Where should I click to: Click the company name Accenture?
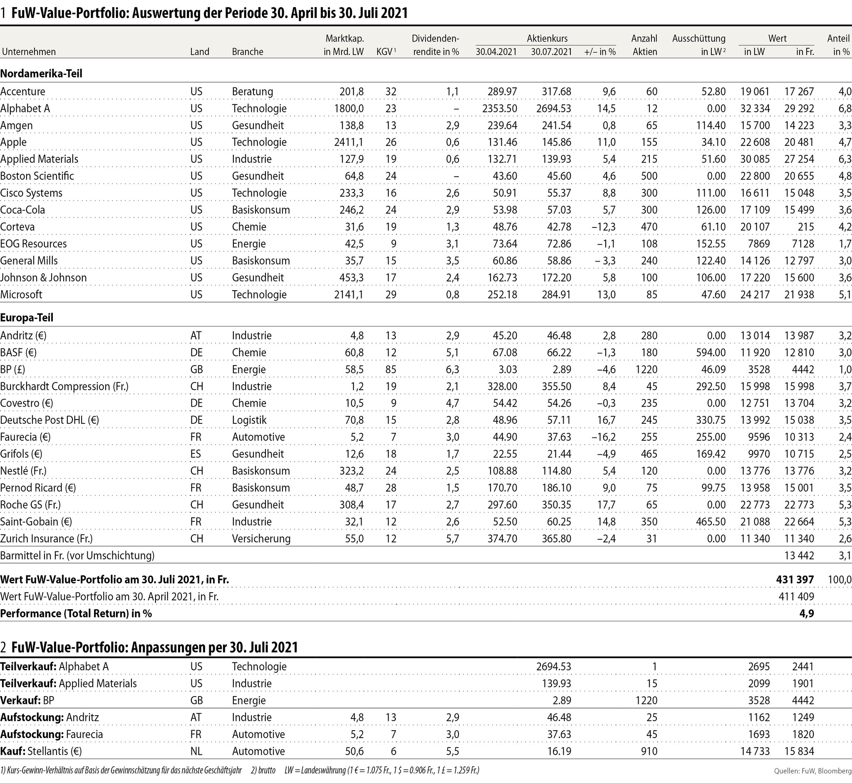click(23, 91)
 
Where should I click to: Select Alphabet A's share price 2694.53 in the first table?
click(553, 109)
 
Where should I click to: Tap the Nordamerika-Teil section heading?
click(41, 73)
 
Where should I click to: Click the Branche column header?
click(248, 52)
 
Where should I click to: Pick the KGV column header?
click(385, 52)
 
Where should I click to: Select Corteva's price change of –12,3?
click(604, 227)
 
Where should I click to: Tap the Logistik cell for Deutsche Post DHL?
click(249, 420)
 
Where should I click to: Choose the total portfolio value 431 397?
click(795, 580)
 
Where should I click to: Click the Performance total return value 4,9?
click(806, 613)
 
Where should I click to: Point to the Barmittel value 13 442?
click(799, 556)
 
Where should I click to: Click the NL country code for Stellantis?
click(196, 751)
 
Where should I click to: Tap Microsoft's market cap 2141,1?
click(349, 294)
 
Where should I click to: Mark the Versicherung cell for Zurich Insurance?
click(261, 539)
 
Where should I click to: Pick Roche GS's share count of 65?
click(651, 505)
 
